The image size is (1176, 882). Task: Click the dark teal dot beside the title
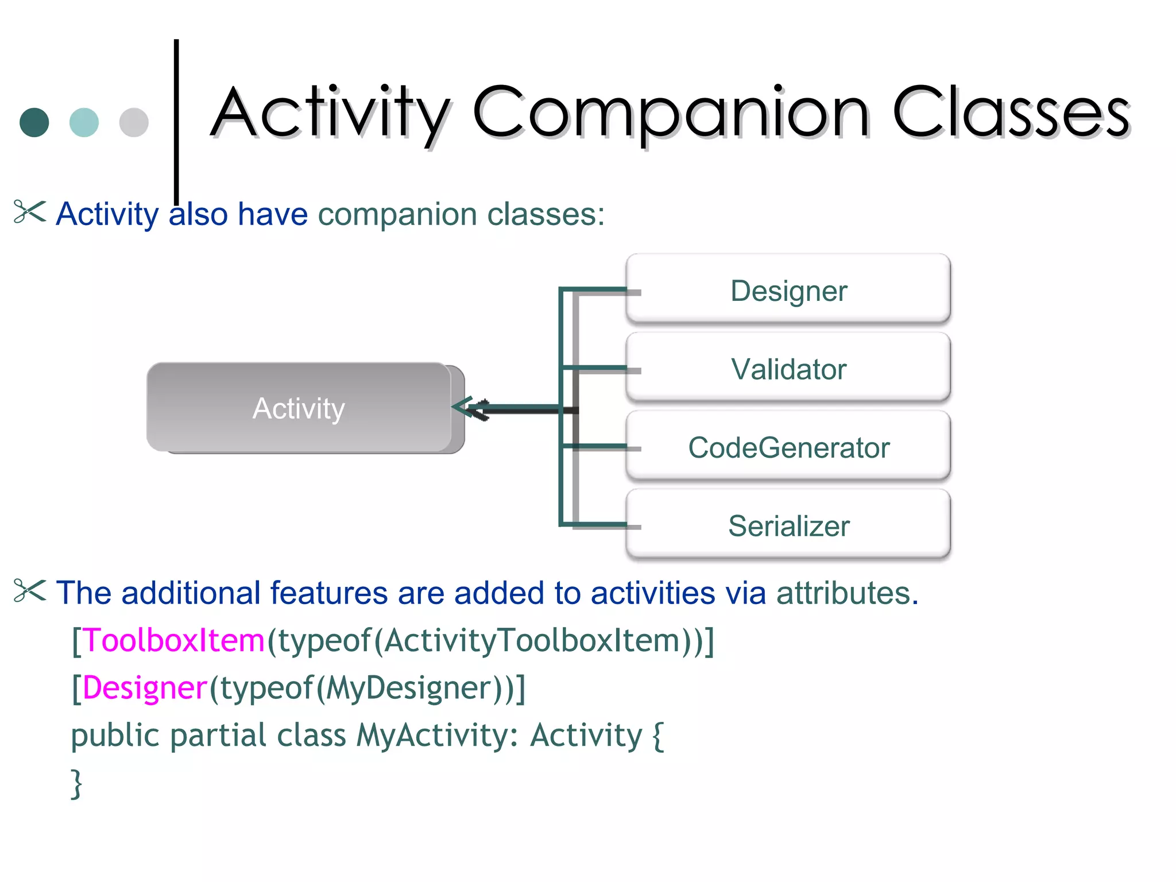34,122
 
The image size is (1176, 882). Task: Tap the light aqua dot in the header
84,122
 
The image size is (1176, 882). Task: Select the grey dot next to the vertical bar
134,122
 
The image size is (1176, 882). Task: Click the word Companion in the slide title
671,113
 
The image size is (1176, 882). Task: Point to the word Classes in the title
1011,113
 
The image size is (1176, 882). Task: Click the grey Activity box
299,408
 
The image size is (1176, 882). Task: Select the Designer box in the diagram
788,290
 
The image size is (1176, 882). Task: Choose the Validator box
788,369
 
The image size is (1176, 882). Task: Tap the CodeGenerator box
788,447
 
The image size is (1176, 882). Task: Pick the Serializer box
788,525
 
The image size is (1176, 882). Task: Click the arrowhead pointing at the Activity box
465,408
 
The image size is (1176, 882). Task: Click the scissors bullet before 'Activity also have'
29,212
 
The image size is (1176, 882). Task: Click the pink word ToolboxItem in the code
174,640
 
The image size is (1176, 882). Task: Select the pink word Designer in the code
145,687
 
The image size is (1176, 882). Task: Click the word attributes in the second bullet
847,593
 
